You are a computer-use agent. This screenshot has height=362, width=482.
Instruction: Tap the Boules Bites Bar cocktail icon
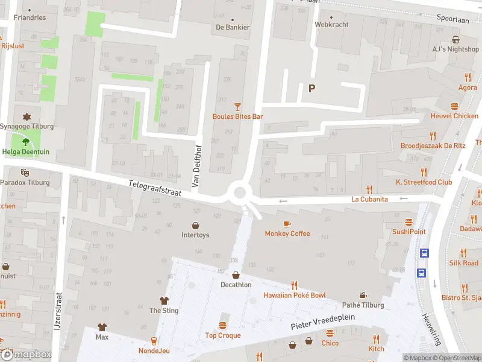point(237,106)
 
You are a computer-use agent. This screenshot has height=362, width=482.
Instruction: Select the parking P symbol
point(311,88)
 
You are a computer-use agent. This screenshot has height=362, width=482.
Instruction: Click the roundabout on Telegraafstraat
point(240,194)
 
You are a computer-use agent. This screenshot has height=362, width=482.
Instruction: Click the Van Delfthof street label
point(195,165)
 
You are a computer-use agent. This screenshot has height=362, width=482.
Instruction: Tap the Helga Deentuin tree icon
point(26,142)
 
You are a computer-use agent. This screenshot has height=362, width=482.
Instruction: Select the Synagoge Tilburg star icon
point(26,116)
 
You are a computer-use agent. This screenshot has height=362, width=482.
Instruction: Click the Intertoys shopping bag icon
point(195,225)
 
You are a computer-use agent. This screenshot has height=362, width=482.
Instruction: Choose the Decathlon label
point(235,284)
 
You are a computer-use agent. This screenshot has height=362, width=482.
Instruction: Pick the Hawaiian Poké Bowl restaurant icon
point(295,285)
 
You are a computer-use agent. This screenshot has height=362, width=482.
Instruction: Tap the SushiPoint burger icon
point(409,222)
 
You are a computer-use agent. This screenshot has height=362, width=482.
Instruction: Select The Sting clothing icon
point(163,300)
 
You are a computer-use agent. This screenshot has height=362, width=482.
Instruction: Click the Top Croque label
point(223,335)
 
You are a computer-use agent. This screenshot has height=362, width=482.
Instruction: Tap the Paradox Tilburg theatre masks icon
point(25,173)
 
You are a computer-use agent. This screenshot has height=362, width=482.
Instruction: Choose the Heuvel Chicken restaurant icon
point(454,106)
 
